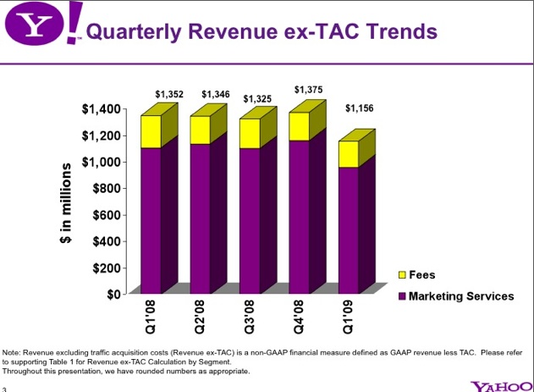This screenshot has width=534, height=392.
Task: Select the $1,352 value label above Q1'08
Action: [169, 94]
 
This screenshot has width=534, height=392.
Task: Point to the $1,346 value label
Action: [216, 94]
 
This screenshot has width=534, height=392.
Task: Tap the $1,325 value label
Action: [257, 99]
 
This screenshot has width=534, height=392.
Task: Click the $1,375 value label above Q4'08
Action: [308, 89]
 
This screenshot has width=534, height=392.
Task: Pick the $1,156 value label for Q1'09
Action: [359, 108]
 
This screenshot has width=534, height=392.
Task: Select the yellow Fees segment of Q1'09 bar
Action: [348, 154]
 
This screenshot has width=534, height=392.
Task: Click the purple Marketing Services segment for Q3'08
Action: [250, 220]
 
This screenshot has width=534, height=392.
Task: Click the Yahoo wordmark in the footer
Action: [501, 386]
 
